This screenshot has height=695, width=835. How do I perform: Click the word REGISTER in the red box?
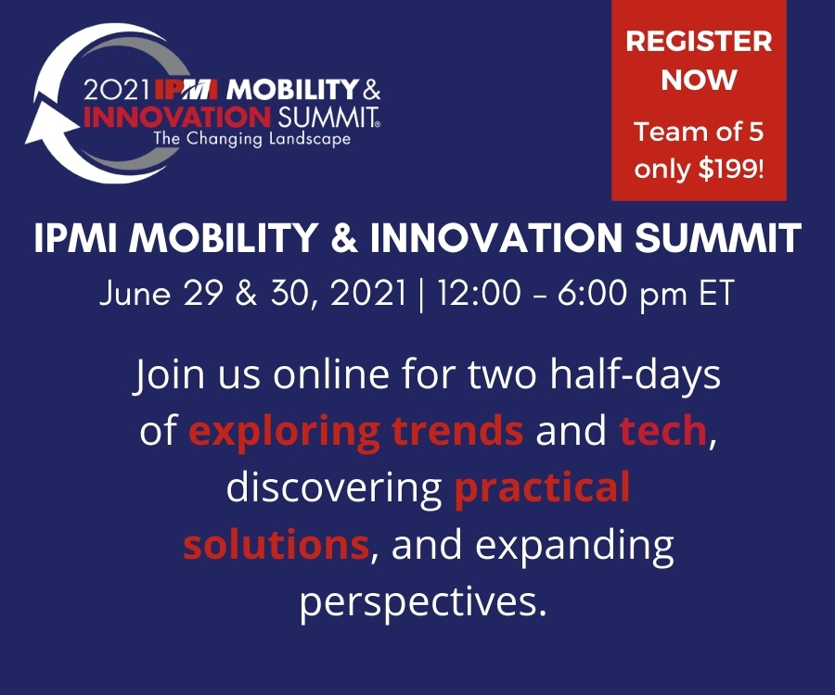699,42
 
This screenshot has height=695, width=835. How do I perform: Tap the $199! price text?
731,169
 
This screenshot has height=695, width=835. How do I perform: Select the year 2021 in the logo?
116,90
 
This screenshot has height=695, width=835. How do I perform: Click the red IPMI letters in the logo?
186,90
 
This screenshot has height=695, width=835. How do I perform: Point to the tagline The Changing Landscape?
251,139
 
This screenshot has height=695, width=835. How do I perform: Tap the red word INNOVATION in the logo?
177,117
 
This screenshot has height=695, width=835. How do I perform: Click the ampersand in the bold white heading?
344,237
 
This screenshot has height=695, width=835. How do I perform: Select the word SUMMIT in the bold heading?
718,237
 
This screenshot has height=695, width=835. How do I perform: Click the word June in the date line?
135,293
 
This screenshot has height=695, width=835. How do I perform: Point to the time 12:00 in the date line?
479,293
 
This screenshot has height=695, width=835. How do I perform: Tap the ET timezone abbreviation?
717,293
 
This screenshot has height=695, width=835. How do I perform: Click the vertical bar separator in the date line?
422,294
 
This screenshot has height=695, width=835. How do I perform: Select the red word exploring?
284,432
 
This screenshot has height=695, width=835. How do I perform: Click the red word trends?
457,430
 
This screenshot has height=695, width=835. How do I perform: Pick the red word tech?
663,430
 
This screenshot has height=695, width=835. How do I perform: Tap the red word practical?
542,487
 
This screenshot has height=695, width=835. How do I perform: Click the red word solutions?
276,545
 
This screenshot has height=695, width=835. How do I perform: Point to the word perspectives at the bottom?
423,603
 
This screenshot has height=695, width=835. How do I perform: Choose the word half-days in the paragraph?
635,375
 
